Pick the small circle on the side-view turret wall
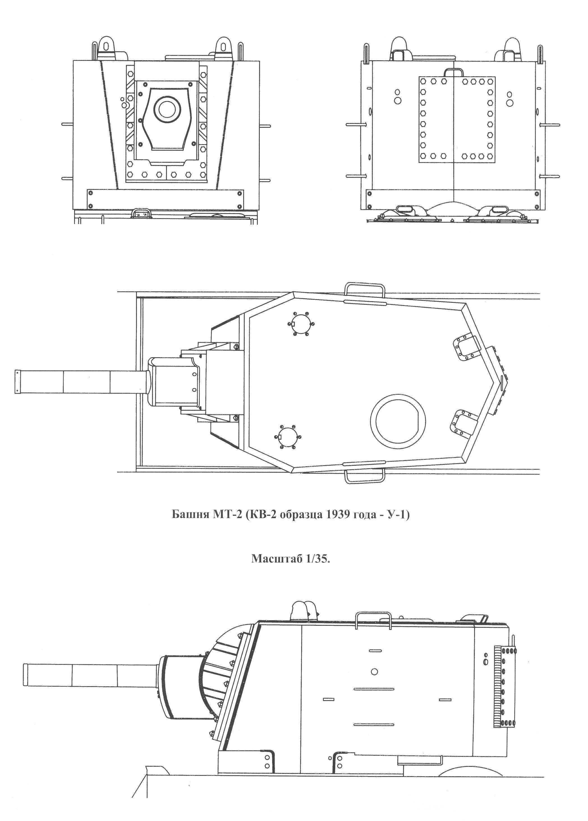[x=375, y=672]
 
